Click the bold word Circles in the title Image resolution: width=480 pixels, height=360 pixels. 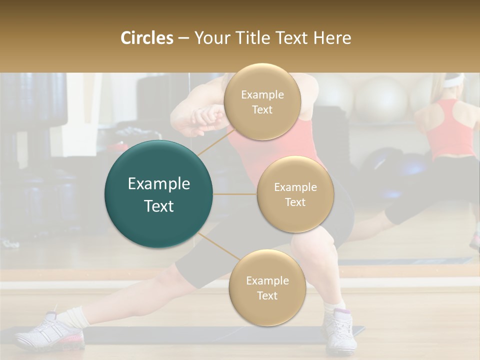147,38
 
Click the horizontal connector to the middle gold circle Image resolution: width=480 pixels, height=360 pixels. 234,194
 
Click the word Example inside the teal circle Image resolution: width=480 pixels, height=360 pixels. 158,184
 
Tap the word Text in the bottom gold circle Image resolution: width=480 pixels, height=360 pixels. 267,295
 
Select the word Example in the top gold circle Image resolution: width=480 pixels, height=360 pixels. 262,94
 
